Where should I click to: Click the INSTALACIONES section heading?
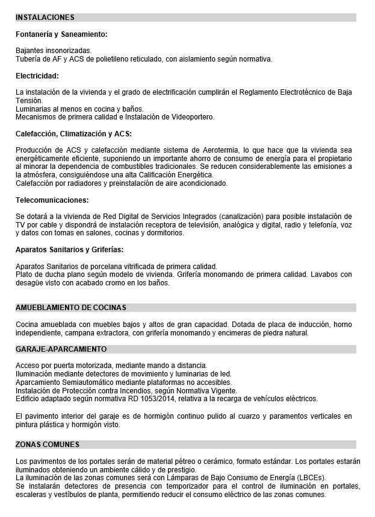(x=45, y=17)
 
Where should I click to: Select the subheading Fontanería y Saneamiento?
(x=61, y=34)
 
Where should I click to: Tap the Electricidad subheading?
(x=37, y=76)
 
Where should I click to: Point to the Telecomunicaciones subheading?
(x=52, y=200)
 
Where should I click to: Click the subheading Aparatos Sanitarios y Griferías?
(x=69, y=250)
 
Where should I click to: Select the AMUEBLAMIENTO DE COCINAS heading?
(x=71, y=308)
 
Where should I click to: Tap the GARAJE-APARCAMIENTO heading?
(x=61, y=349)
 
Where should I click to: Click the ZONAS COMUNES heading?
(x=48, y=445)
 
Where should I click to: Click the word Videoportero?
(x=194, y=117)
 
